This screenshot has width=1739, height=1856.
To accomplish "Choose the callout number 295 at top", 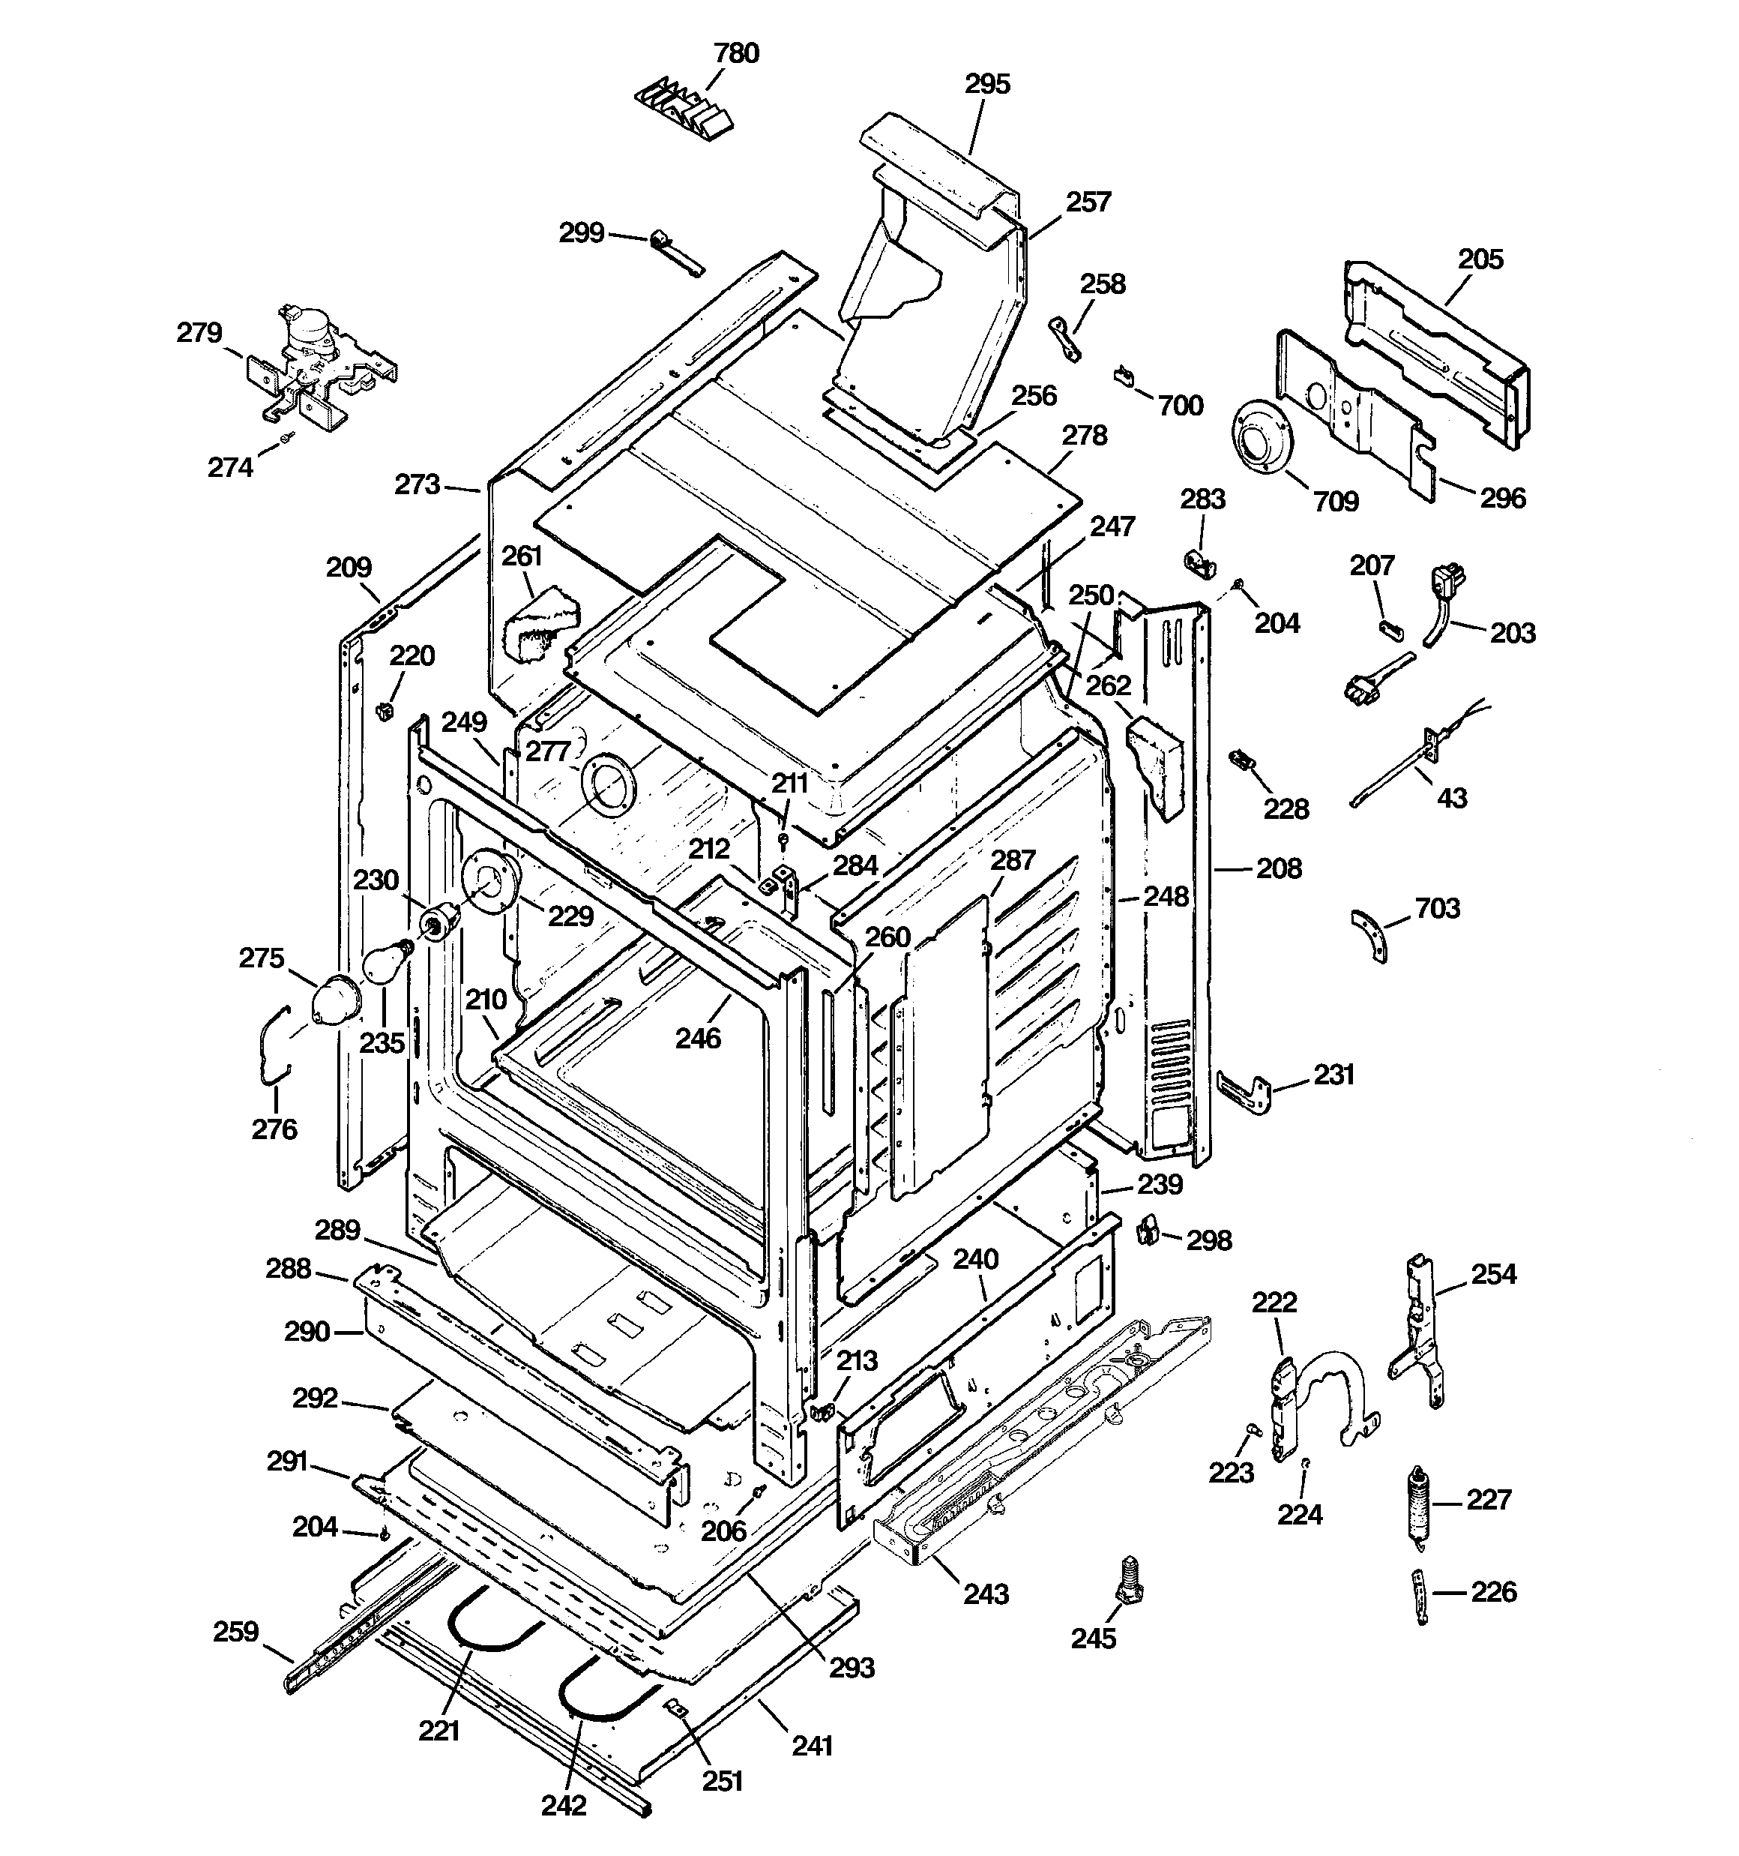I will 986,84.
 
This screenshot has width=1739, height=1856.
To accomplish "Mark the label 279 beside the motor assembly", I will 199,332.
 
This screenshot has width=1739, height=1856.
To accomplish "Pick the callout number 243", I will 986,1593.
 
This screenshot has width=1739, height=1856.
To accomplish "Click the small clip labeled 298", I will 1149,1231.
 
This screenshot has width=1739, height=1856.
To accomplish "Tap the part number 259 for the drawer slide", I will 235,1631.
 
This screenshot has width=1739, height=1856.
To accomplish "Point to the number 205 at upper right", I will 1480,259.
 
